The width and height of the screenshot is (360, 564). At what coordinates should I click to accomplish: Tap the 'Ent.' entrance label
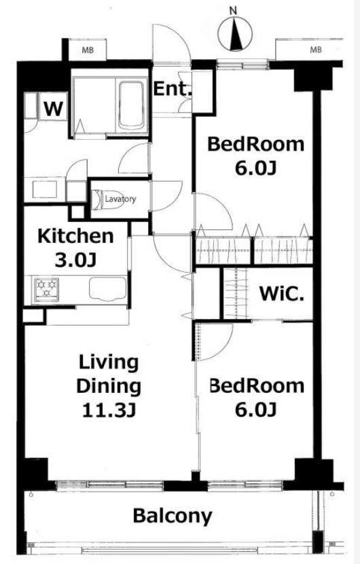pos(172,89)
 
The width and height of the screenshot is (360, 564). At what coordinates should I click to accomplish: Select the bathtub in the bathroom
pos(131,105)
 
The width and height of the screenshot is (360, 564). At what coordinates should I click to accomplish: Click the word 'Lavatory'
pos(121,199)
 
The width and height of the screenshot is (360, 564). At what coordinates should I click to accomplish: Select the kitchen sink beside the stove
pos(107,288)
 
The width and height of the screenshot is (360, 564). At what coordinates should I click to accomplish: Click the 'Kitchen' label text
pos(75,236)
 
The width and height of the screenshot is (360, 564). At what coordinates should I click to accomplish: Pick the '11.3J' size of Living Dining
pos(109,410)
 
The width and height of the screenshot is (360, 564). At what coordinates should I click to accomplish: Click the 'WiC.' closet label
pos(281,294)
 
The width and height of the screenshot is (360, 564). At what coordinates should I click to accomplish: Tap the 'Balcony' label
pos(173,516)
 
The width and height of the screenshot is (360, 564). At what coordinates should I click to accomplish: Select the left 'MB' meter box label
pos(88,50)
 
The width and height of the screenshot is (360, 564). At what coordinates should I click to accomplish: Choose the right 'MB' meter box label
pos(316,50)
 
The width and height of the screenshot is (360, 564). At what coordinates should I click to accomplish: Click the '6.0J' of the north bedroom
pos(255,168)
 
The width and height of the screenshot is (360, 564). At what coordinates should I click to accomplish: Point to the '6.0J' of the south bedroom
pos(255,409)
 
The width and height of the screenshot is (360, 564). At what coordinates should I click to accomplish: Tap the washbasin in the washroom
pos(45,189)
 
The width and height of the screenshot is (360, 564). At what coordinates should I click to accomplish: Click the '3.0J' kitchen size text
pos(75,260)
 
